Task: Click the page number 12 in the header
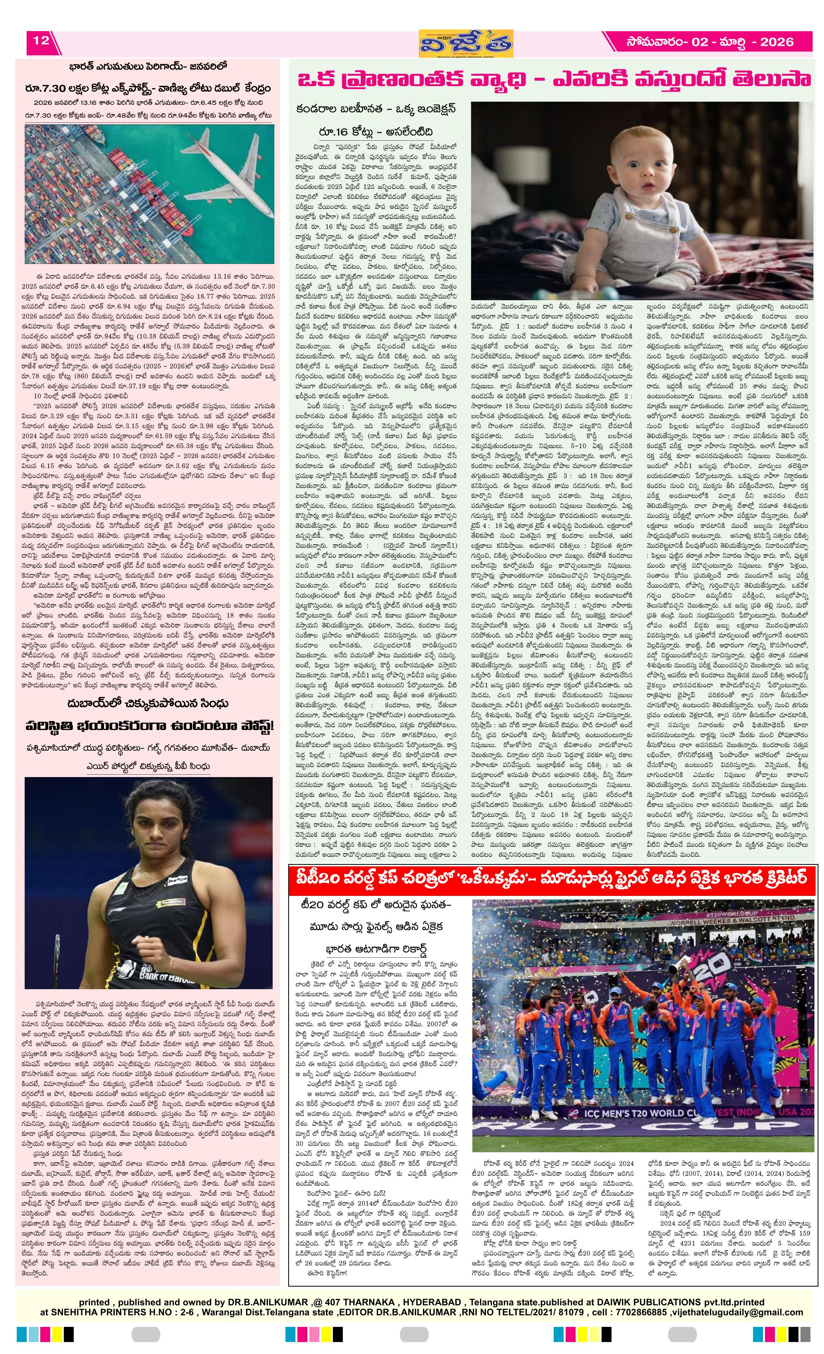(x=41, y=41)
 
